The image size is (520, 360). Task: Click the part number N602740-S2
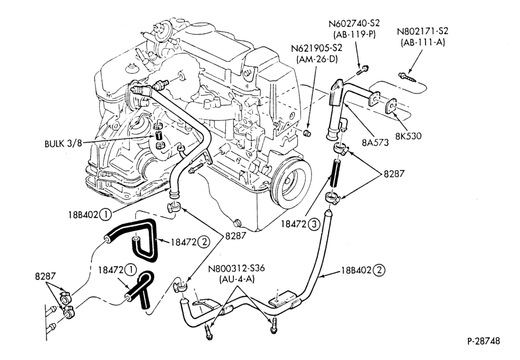tap(354, 24)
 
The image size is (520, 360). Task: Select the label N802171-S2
tap(422, 32)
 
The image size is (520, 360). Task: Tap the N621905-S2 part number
tap(316, 48)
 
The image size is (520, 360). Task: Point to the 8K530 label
tap(408, 136)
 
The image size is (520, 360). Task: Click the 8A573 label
tap(375, 143)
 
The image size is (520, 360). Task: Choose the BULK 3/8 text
tap(63, 144)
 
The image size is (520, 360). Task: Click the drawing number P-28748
tap(483, 341)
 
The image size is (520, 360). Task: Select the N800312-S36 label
tap(237, 268)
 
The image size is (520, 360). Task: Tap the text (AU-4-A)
tap(237, 279)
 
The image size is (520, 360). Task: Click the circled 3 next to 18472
tap(314, 225)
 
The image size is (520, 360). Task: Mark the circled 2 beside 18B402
tap(379, 270)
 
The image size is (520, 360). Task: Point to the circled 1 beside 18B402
tap(106, 214)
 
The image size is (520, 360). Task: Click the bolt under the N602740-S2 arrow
tap(363, 70)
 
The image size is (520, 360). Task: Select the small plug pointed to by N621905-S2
tap(307, 133)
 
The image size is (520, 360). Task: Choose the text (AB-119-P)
tap(354, 35)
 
